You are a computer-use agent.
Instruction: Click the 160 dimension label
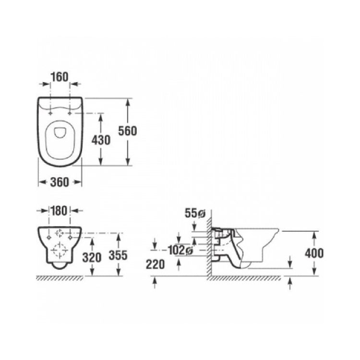(60, 77)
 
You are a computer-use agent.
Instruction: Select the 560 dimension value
(127, 131)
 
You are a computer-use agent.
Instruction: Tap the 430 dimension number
(101, 140)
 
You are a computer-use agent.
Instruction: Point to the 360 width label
(60, 182)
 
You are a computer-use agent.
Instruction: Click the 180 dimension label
(59, 211)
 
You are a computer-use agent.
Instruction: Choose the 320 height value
(92, 258)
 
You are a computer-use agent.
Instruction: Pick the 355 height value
(118, 255)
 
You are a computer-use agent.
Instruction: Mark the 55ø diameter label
(195, 214)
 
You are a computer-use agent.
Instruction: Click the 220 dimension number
(155, 264)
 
